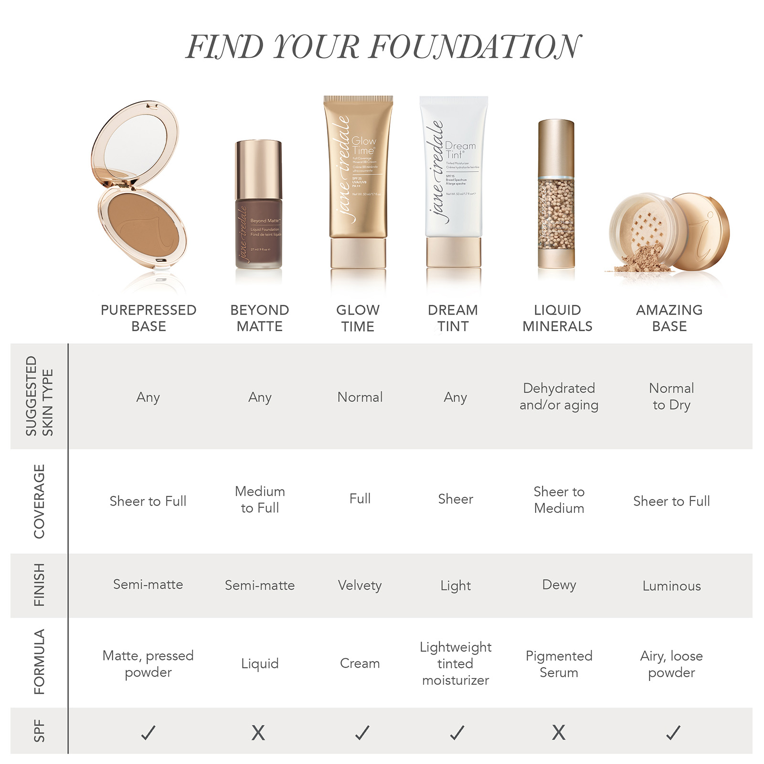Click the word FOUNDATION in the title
point(475,47)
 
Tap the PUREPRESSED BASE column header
point(149,318)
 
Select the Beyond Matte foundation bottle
point(258,205)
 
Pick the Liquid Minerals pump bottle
point(556,196)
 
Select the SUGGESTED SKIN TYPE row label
point(39,396)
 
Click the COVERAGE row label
point(39,501)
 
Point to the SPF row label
point(39,731)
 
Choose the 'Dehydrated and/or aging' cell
point(559,396)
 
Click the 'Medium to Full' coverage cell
point(260,499)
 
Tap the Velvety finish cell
point(360,585)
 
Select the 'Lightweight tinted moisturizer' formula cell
point(456,663)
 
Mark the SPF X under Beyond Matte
point(258,732)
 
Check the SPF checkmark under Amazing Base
point(673,732)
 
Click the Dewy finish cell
point(559,585)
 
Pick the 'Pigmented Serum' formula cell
point(559,664)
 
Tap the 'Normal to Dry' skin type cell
point(671,396)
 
